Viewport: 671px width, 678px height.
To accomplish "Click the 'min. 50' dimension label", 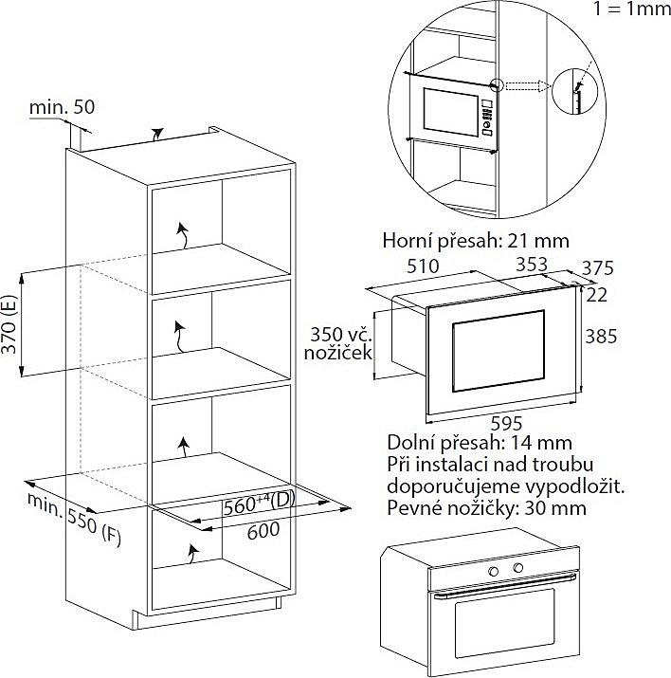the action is coord(62,106).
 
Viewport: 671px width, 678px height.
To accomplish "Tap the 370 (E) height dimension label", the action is coord(9,324).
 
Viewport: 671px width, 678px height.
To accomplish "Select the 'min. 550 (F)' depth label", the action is coord(74,519).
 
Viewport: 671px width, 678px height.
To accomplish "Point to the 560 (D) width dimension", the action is coord(259,504).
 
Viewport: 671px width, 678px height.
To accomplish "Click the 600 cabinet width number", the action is coord(263,531).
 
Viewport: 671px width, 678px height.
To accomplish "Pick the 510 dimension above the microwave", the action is coord(423,266).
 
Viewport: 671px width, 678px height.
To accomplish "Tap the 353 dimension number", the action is coord(532,265).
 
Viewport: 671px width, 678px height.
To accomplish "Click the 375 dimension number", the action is coord(597,268).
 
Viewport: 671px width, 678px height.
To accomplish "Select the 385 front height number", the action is coord(601,336).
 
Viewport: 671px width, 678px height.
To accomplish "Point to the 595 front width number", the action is coord(507,423).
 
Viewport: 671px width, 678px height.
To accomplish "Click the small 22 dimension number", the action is coord(597,295).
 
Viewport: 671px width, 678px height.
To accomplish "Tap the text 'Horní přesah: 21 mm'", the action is coord(476,241).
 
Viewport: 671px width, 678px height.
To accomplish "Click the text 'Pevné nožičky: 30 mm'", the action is coord(486,507).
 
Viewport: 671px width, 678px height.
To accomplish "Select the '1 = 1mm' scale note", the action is coord(632,9).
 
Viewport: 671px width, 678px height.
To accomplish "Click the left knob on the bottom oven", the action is coord(493,571).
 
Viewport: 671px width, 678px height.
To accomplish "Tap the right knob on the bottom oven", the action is coord(518,568).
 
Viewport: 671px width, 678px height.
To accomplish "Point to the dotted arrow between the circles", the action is coord(527,86).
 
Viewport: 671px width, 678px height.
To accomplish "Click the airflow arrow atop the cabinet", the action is coord(157,134).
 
